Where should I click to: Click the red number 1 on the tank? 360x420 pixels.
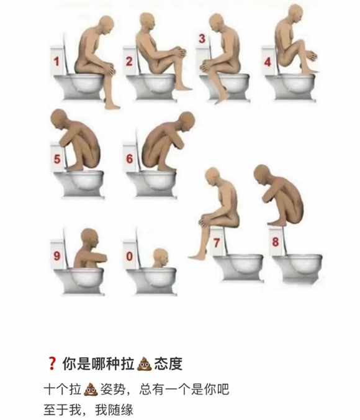click(x=56, y=62)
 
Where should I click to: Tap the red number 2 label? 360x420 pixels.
click(x=129, y=62)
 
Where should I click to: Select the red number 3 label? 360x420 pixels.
click(x=202, y=39)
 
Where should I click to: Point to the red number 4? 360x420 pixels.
click(x=268, y=62)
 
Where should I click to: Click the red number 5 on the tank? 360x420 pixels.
click(x=57, y=159)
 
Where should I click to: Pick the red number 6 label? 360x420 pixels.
click(x=130, y=159)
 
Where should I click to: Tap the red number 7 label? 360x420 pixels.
click(x=217, y=243)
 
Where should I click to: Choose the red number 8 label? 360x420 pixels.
click(x=276, y=242)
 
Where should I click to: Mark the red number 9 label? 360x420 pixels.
click(x=56, y=255)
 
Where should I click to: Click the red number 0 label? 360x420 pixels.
click(x=130, y=256)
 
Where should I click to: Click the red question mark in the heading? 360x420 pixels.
click(x=52, y=363)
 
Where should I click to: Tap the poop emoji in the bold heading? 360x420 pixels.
click(x=144, y=363)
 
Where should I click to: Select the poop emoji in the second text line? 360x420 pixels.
click(x=91, y=389)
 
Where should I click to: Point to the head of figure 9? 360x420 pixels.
click(x=89, y=239)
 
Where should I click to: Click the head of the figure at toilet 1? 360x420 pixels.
click(x=105, y=25)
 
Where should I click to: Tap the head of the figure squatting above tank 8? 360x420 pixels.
click(x=262, y=175)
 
